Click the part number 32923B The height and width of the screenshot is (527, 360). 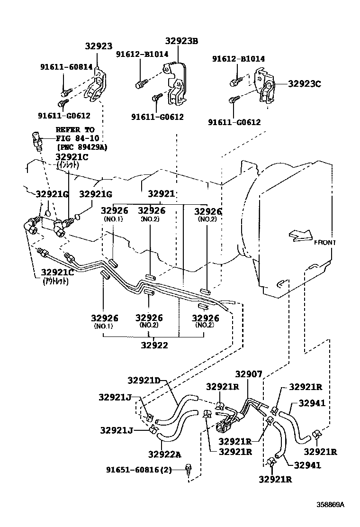coord(181,41)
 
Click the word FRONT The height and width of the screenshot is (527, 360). coord(324,243)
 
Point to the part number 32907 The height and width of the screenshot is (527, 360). coord(248,374)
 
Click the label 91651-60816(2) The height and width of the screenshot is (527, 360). coord(144,470)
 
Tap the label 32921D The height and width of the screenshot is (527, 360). coord(144,380)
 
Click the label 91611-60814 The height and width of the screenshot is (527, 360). coord(66,67)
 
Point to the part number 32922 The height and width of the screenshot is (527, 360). coord(154,345)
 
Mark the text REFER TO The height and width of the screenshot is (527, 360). coord(75,130)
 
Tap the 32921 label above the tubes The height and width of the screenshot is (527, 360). coord(162,193)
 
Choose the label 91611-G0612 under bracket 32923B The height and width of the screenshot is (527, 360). coord(157,117)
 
